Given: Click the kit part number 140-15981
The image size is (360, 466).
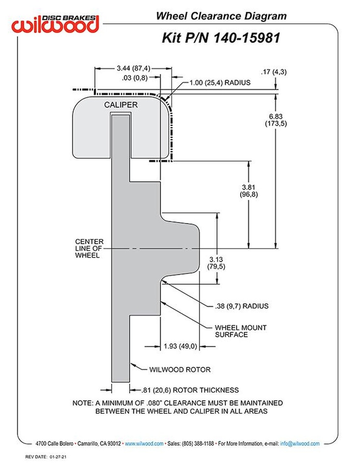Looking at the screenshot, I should [x=220, y=38].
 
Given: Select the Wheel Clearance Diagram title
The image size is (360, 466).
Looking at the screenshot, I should [x=221, y=16].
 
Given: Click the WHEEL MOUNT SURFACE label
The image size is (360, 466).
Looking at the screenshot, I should [x=240, y=331].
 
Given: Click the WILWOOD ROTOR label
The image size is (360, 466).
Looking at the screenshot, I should [x=180, y=370].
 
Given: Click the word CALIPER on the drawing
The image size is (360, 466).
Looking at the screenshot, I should [x=121, y=105].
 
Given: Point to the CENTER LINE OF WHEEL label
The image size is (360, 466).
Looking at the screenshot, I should [x=89, y=248].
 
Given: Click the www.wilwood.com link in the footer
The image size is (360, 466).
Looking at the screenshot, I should [x=144, y=443].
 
